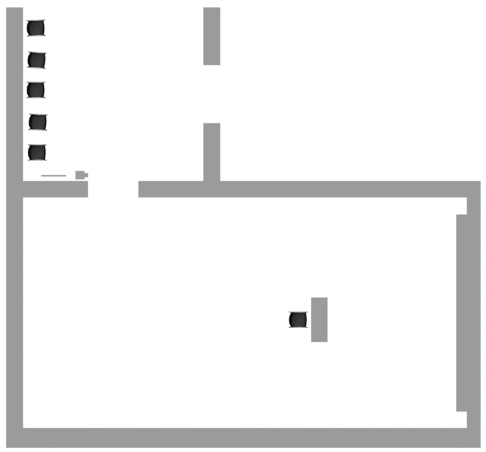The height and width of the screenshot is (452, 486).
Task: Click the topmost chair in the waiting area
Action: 36,28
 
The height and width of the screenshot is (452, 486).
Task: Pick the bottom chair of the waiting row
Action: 37,152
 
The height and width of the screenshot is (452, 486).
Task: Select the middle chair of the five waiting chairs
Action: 36,90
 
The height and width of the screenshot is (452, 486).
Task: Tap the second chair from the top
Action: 36,60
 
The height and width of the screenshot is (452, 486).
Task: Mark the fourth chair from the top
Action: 38,122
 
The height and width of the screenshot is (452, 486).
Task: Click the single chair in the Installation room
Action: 298,319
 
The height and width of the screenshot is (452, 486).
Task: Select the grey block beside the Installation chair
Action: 319,319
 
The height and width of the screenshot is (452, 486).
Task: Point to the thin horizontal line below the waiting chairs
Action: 53,176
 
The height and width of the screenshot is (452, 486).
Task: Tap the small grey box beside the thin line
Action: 81,175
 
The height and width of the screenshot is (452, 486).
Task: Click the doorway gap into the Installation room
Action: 113,189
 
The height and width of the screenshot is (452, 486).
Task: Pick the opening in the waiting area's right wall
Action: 212,94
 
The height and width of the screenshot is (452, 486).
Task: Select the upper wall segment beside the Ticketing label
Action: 212,36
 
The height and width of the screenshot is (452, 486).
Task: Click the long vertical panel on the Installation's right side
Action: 461,312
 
